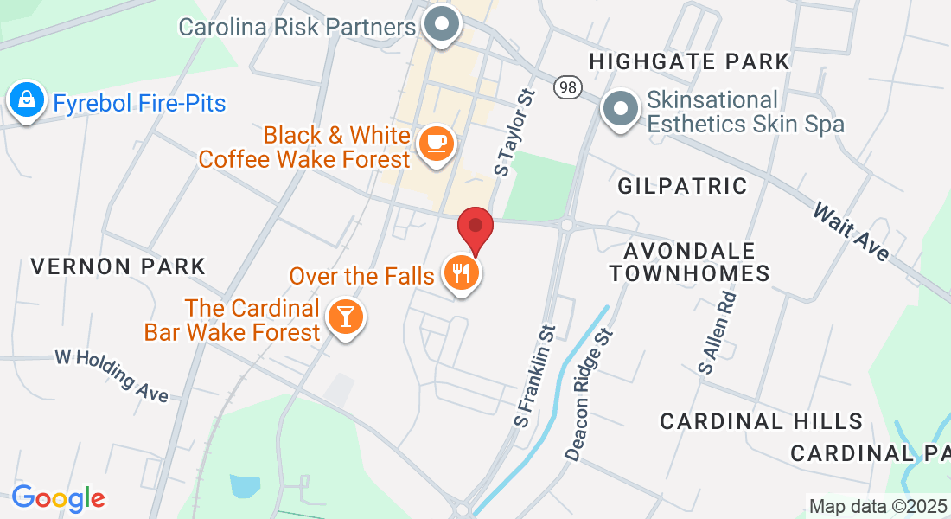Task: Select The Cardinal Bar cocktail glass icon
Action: (x=346, y=318)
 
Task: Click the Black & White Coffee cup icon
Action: (x=436, y=142)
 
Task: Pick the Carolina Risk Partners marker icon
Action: (x=444, y=25)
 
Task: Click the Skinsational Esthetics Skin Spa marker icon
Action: (x=620, y=110)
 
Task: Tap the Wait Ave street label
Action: (x=852, y=232)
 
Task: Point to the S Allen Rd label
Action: (x=718, y=332)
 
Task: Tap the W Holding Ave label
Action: (x=112, y=375)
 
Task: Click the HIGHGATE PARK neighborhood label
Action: (x=689, y=61)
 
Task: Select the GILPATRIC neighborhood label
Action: (x=682, y=185)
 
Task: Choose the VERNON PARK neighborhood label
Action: (x=118, y=266)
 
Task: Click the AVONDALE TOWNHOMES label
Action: (x=689, y=262)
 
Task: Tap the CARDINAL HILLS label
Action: (x=762, y=421)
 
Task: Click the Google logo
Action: (x=58, y=498)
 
